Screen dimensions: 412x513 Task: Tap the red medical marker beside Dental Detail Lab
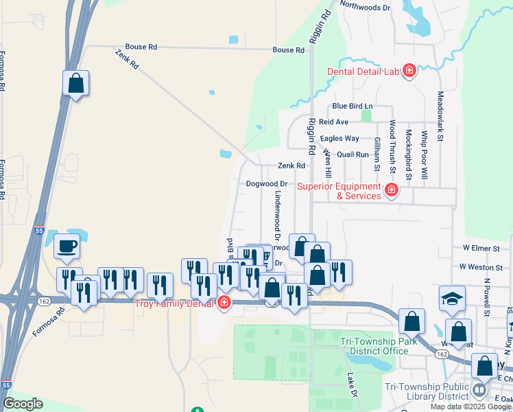pos(409,71)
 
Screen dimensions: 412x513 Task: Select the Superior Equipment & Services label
pos(339,191)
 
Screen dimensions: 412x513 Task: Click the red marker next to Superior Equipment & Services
pos(392,190)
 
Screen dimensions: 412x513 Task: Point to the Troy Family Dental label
pos(174,304)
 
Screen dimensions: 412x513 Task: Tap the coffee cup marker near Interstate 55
pos(67,246)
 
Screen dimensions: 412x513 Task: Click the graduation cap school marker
pos(452,297)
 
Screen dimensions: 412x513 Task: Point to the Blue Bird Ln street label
pos(352,106)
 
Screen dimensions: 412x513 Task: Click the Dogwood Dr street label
pos(267,184)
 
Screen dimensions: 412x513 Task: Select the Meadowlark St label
pos(440,117)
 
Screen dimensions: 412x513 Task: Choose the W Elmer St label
pos(479,247)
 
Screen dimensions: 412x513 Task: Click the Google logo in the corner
pos(23,404)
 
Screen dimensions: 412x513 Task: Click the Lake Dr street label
pos(352,385)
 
